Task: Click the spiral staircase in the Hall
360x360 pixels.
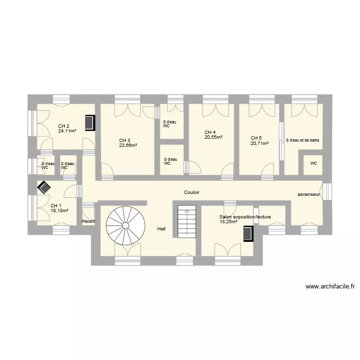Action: (x=126, y=226)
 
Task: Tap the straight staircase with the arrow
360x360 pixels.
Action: (x=187, y=222)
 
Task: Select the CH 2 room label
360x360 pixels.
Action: (x=63, y=126)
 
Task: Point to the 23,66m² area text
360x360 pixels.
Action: (x=128, y=145)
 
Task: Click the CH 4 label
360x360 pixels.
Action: (x=210, y=132)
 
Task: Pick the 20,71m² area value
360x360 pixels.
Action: (x=260, y=144)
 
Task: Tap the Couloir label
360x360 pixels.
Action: (x=192, y=192)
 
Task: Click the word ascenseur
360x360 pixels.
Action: (x=309, y=194)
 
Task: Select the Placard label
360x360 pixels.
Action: (x=88, y=222)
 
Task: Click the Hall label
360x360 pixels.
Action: (x=161, y=228)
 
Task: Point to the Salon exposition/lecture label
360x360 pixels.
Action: (x=245, y=217)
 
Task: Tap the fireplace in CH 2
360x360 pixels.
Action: (x=90, y=123)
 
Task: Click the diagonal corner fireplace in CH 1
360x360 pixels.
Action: (x=44, y=188)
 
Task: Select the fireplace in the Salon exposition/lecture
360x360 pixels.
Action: (x=249, y=234)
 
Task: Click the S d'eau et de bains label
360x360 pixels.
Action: (x=302, y=140)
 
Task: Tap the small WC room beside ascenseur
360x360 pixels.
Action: (x=313, y=165)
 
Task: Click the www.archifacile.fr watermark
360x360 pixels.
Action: (x=330, y=287)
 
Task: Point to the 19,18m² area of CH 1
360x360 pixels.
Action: (x=59, y=211)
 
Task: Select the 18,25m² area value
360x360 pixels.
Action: (x=228, y=222)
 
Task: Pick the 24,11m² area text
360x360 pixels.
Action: (x=67, y=131)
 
